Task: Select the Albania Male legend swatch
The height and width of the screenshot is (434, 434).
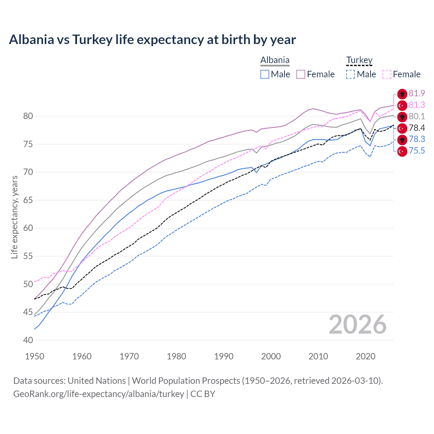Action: click(265, 74)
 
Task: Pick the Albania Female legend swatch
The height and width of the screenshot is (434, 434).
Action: click(301, 74)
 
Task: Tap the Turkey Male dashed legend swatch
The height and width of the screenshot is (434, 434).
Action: click(351, 74)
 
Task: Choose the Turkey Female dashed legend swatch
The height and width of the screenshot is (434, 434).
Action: click(387, 74)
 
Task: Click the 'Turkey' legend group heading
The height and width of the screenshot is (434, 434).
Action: click(359, 60)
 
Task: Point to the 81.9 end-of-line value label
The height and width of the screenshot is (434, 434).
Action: click(417, 94)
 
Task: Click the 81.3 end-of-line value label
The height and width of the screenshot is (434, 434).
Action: click(417, 105)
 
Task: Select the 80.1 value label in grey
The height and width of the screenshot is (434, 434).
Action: click(417, 117)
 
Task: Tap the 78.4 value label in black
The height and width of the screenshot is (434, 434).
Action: click(417, 128)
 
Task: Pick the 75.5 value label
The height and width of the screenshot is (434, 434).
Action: click(417, 151)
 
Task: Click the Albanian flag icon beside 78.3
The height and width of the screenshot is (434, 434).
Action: click(402, 140)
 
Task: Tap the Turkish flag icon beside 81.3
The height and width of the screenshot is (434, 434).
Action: click(402, 105)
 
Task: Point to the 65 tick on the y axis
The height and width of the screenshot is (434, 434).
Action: click(28, 200)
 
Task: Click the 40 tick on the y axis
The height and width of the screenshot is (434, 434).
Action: click(28, 340)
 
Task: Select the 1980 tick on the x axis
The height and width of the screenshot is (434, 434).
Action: click(176, 356)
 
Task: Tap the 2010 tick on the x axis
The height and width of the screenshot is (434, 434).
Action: click(318, 356)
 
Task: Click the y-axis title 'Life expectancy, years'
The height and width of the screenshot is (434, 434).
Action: click(15, 217)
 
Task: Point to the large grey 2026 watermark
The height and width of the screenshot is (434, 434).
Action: click(357, 324)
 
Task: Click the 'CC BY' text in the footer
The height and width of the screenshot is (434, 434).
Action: click(202, 394)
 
